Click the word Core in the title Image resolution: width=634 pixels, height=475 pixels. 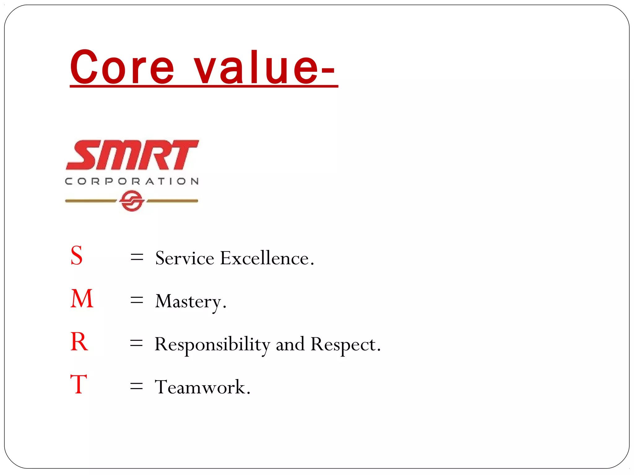(x=122, y=67)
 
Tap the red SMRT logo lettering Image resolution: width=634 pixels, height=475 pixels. (x=132, y=155)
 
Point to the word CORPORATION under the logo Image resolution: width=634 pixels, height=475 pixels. (x=132, y=181)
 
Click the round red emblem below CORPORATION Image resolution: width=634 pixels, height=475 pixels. (x=132, y=201)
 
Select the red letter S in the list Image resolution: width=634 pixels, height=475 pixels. (x=77, y=256)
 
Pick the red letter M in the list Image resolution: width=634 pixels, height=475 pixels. (x=82, y=299)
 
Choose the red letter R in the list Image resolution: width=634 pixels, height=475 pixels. (x=79, y=342)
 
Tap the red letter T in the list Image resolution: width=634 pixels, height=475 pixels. (x=79, y=384)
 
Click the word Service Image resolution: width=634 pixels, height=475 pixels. (x=185, y=258)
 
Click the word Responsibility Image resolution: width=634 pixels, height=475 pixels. (x=212, y=344)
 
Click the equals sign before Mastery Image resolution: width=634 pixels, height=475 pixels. (x=137, y=300)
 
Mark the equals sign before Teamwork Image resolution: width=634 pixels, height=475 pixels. (x=137, y=386)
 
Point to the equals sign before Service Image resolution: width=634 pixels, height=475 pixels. (x=137, y=257)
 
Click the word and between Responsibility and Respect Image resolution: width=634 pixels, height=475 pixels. (x=290, y=344)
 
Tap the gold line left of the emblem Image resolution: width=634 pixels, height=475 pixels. (x=90, y=201)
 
